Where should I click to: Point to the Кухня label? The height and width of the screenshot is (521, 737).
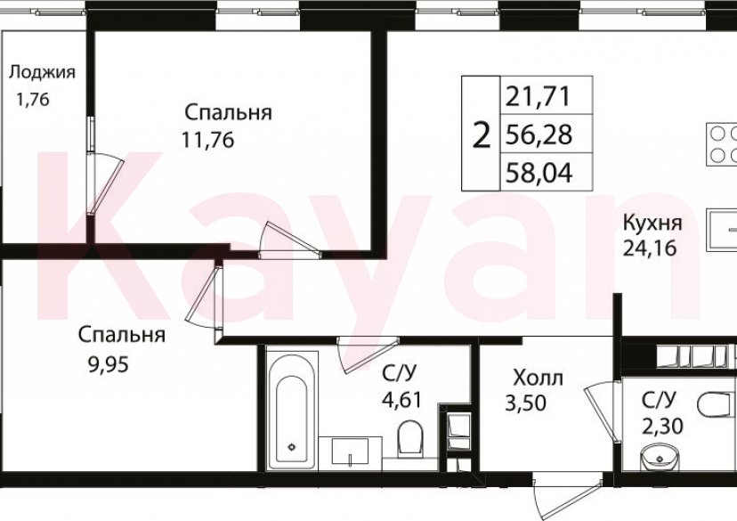coord(652,223)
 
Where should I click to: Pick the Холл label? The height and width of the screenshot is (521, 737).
coord(538,378)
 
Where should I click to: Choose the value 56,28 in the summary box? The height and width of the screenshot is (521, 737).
coord(537,134)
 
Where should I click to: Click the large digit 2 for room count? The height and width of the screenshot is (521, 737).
coord(482,136)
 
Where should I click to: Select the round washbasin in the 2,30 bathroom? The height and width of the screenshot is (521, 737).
coord(659,456)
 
